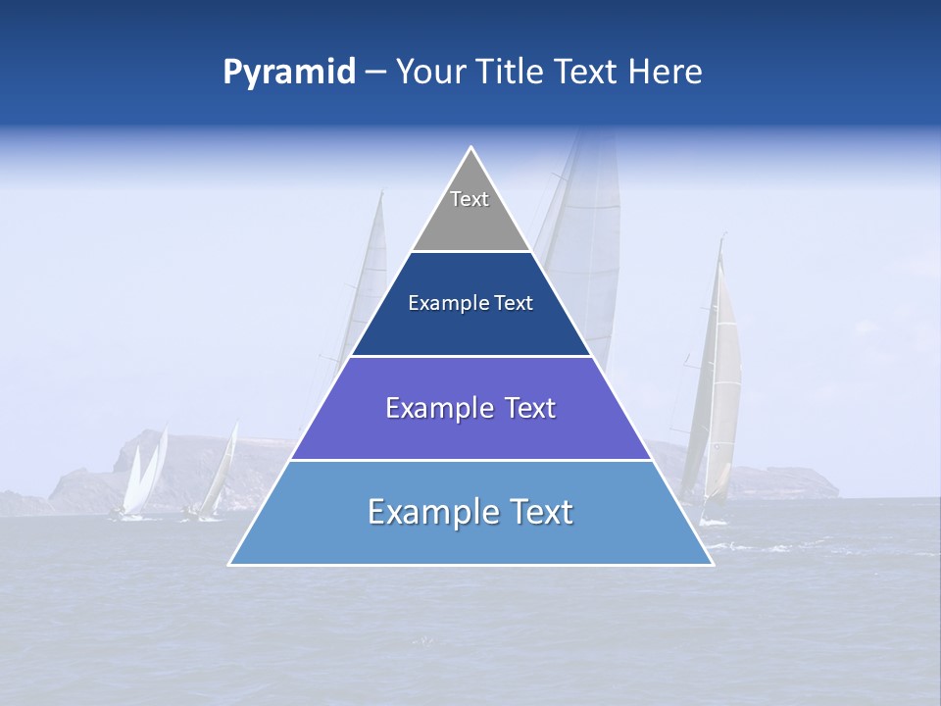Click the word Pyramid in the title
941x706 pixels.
[x=289, y=73]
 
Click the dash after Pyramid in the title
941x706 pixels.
[x=375, y=74]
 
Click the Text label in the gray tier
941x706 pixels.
[x=470, y=199]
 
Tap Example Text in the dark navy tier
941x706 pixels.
[x=470, y=303]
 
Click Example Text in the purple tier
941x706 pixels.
[x=470, y=408]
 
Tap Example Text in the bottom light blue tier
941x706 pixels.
[x=470, y=512]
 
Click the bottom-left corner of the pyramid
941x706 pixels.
[x=230, y=564]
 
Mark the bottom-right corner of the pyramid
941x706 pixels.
[x=712, y=564]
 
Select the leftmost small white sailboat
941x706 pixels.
[x=137, y=480]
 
